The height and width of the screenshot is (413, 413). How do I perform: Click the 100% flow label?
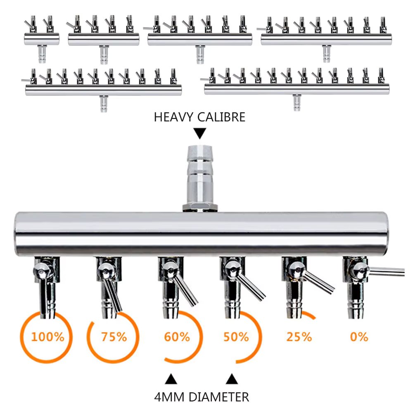tap(47, 337)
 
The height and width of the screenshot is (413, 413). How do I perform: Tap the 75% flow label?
tap(114, 337)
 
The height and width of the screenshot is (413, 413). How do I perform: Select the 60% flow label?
tap(177, 337)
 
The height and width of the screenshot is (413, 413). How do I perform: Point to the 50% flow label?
tap(236, 337)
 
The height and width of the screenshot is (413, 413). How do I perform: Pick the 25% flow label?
tap(299, 337)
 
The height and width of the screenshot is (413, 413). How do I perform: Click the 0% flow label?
tap(359, 337)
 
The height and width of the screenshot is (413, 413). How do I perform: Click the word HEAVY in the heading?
tap(174, 117)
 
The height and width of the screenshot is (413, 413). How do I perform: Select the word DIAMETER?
tap(219, 397)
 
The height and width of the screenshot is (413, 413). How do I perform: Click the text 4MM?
tap(169, 397)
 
